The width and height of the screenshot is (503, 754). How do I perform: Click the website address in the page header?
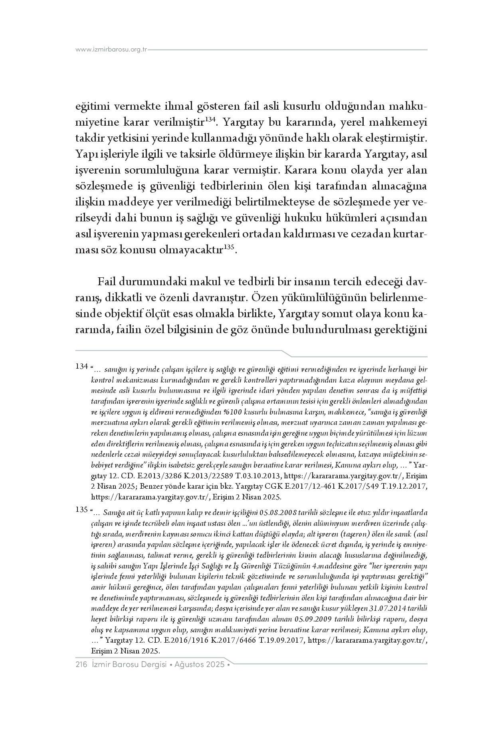[111, 50]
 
